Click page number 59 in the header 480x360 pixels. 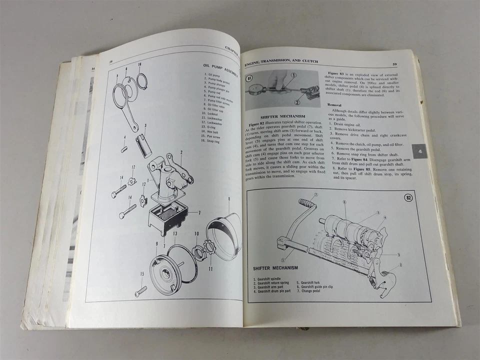pos(394,64)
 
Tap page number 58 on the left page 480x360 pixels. pos(110,61)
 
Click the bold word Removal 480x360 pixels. pos(336,104)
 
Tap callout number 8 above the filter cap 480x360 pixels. pos(228,199)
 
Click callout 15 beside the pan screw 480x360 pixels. pos(141,273)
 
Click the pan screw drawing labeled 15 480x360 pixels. pos(140,290)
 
